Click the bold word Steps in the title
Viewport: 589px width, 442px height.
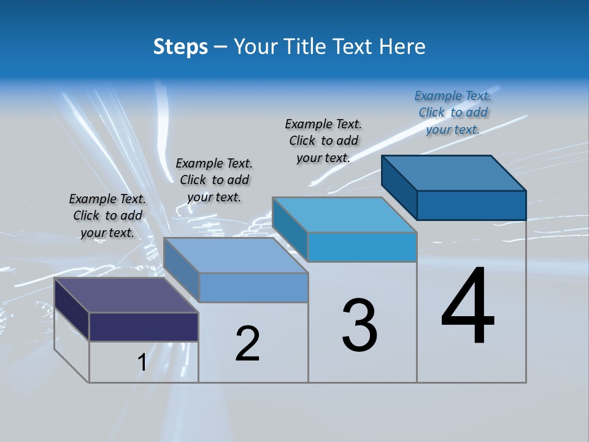click(x=180, y=47)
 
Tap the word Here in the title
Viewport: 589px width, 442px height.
click(x=402, y=47)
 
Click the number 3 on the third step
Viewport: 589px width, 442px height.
click(x=360, y=325)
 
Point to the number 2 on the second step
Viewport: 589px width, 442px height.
click(x=247, y=344)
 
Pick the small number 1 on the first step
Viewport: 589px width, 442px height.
click(x=142, y=363)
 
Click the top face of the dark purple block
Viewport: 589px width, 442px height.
click(x=126, y=295)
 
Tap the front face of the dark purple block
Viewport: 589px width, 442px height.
click(x=144, y=327)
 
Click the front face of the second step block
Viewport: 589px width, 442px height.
click(x=253, y=287)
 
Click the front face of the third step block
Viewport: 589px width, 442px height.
click(x=362, y=247)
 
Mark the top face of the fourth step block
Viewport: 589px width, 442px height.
click(x=454, y=173)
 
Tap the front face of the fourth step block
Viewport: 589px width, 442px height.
click(x=471, y=205)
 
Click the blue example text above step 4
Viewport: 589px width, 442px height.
click(x=453, y=112)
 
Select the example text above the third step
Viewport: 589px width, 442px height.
click(x=323, y=141)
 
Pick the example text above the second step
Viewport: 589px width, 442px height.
click(x=214, y=180)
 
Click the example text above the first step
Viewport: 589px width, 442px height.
click(x=107, y=215)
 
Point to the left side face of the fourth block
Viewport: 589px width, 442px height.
click(x=399, y=187)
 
